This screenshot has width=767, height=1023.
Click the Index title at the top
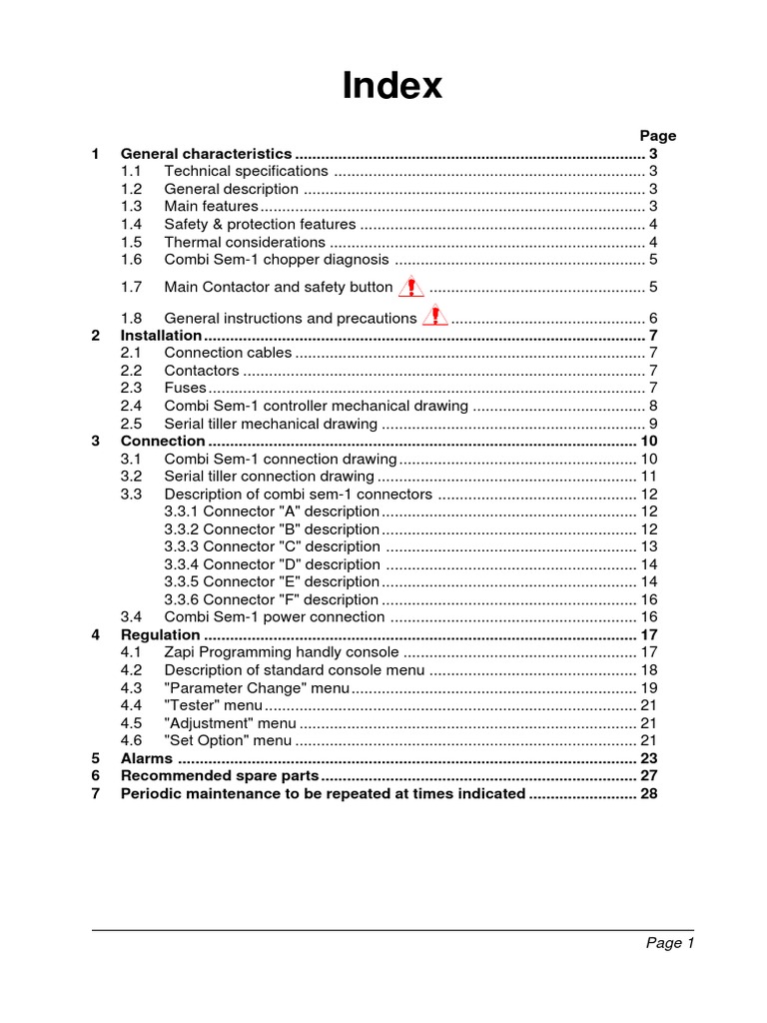391,86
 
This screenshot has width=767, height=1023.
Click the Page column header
657,136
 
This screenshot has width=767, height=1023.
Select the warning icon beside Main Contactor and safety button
410,288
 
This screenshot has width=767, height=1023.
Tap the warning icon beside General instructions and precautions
434,318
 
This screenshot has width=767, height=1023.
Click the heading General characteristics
206,154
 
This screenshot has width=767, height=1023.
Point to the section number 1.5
132,242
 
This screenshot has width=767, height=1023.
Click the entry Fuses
185,388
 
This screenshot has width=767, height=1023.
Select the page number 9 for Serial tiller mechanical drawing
652,424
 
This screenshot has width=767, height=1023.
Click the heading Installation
161,336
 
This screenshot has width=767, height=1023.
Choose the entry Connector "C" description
272,546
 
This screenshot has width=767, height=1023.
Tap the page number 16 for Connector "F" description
648,599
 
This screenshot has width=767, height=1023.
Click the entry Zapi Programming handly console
282,652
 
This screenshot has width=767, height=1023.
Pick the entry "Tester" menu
213,705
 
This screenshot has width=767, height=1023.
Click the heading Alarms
146,758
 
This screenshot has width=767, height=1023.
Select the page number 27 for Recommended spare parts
648,776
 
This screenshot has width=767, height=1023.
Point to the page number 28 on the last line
648,793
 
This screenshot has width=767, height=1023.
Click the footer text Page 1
669,943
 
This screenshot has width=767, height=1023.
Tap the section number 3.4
132,617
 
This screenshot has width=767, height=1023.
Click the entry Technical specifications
246,172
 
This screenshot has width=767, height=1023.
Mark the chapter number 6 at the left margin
96,776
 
